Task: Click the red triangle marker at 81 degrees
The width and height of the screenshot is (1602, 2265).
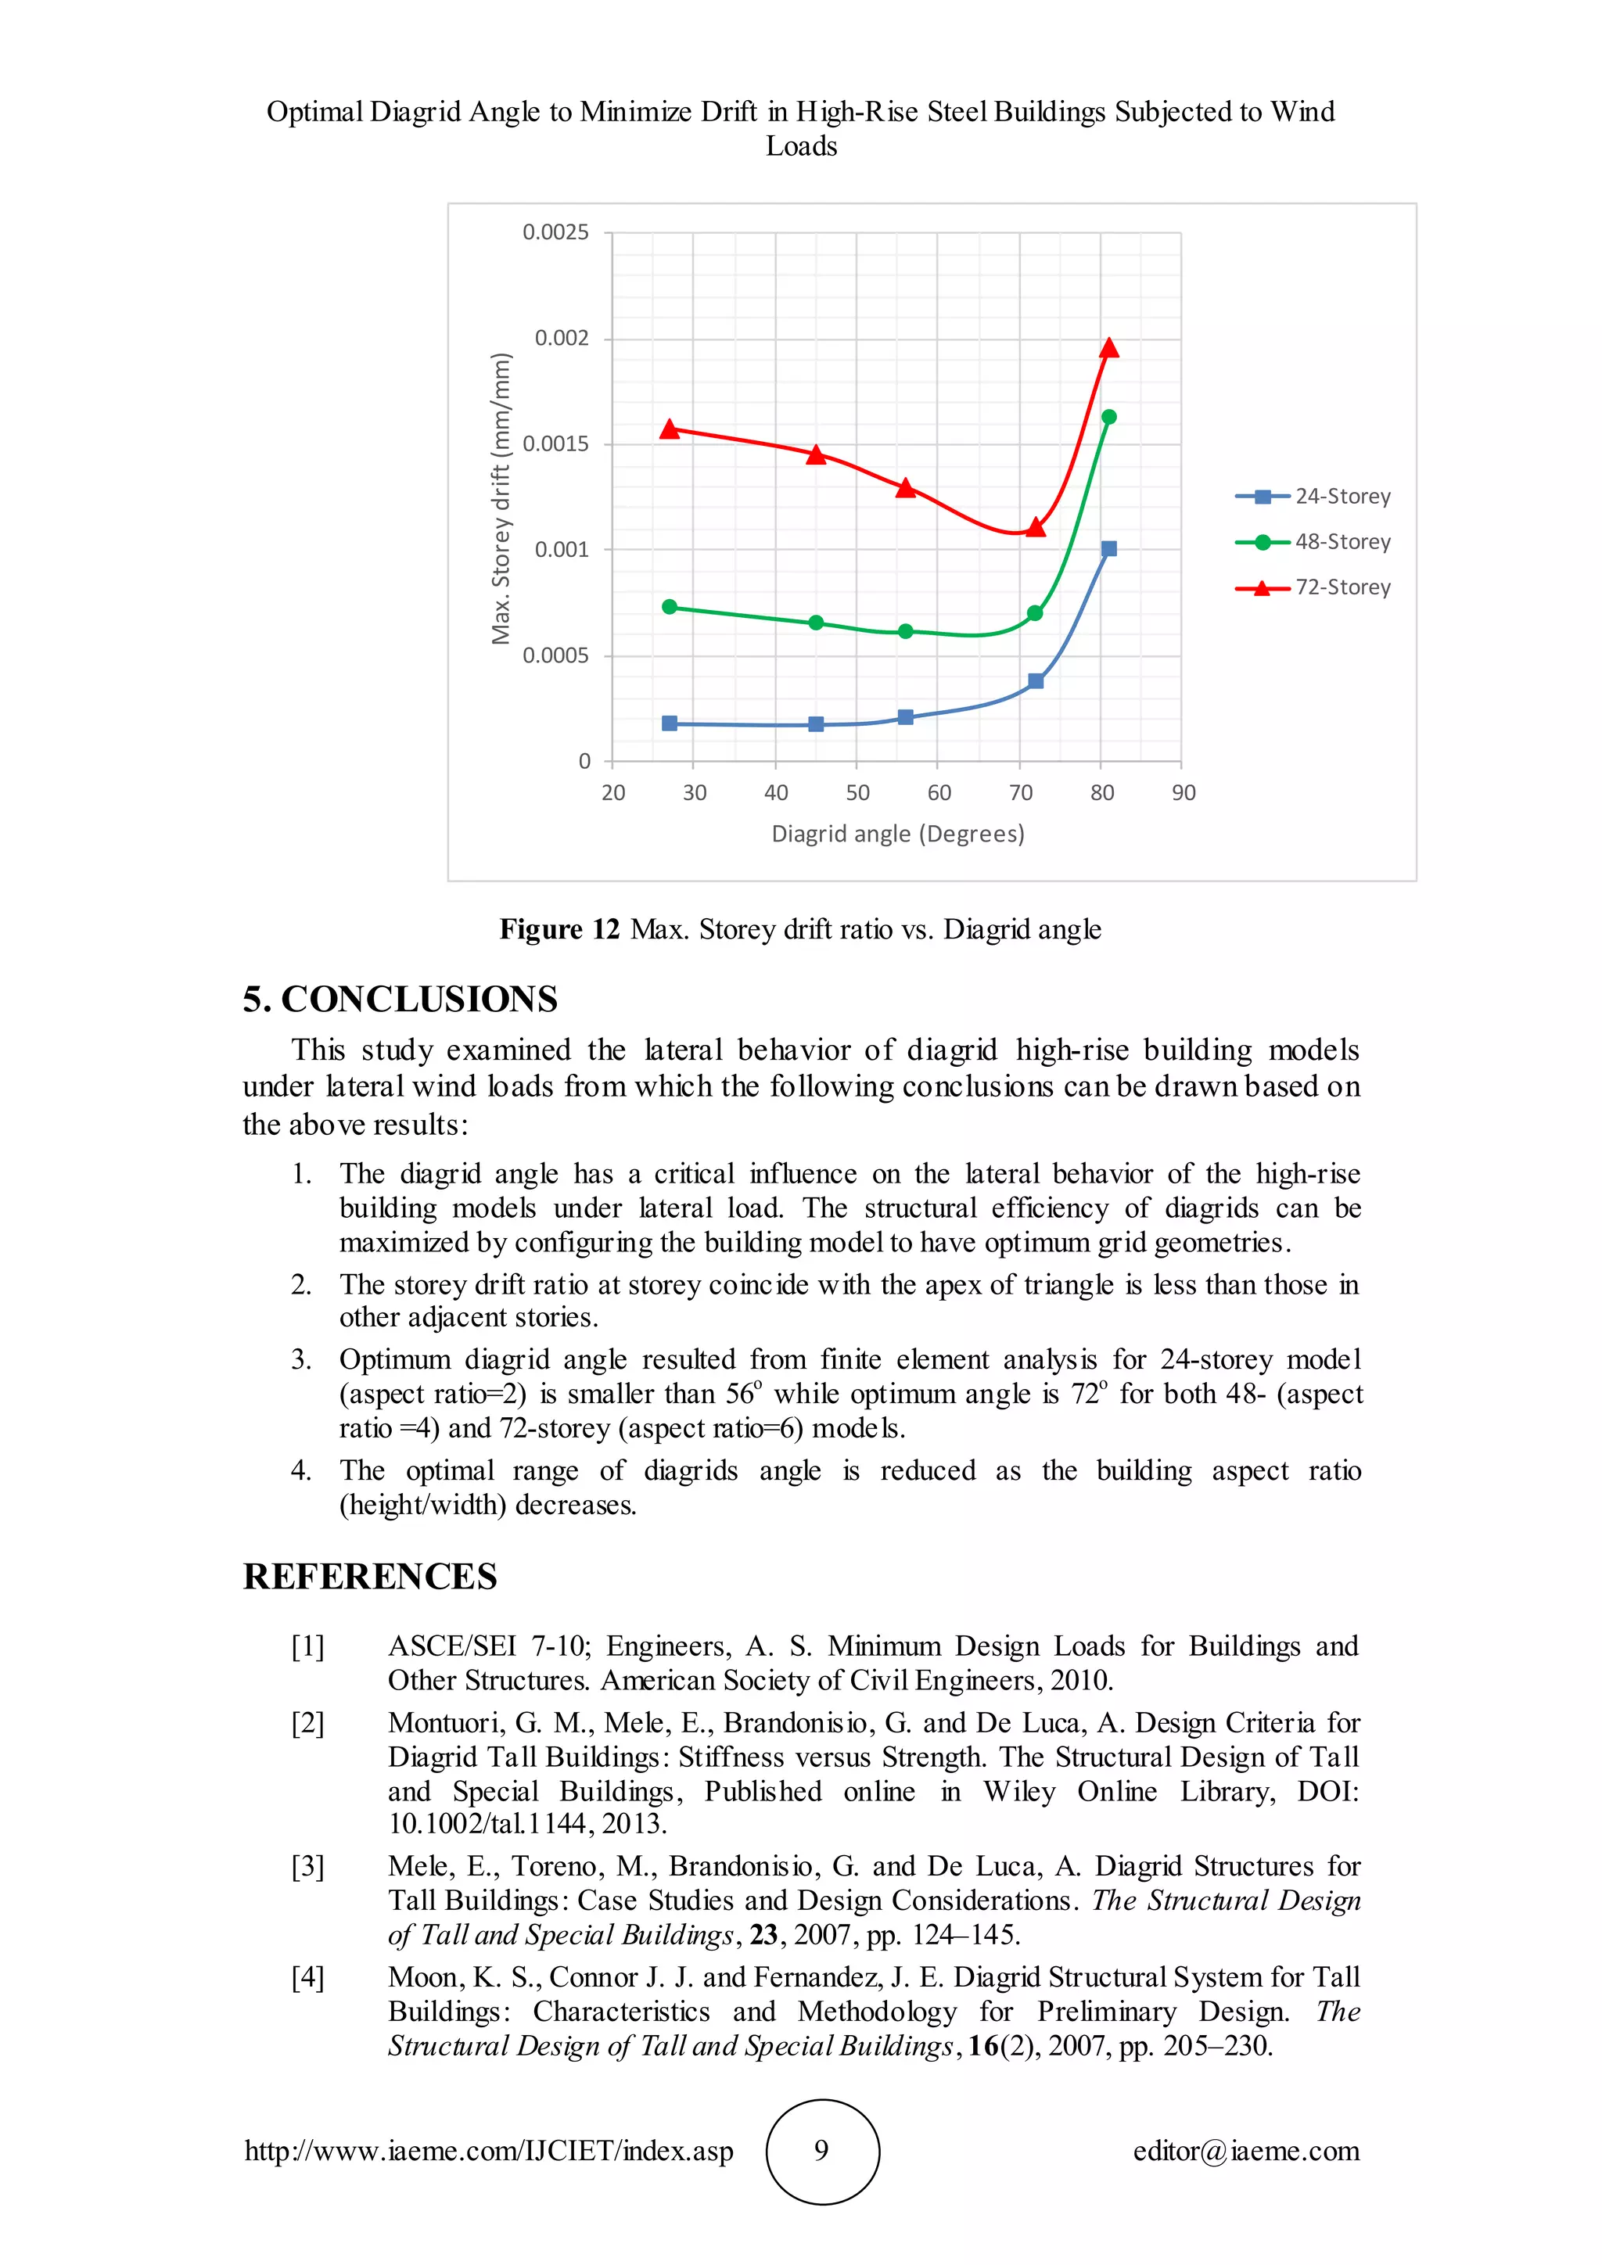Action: coord(1108,348)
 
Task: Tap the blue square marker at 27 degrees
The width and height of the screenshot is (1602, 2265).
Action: coord(670,723)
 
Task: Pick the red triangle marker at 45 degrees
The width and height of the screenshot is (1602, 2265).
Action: coord(816,454)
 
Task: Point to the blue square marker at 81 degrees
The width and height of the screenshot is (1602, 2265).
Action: coord(1108,548)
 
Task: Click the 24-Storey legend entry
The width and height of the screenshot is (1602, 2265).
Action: coord(1313,496)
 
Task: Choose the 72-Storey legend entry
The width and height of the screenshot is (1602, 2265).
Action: coord(1313,587)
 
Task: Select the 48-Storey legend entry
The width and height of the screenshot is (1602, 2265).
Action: coord(1313,541)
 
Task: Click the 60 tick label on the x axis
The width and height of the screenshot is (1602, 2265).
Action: coord(939,792)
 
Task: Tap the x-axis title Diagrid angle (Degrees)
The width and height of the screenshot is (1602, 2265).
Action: coord(898,834)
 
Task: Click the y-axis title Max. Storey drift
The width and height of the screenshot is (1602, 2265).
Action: coord(501,498)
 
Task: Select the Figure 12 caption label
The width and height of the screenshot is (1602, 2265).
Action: coord(559,929)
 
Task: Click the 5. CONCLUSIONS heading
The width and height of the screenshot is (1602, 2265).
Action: coord(400,1000)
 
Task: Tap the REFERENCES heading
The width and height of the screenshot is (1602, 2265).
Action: coord(370,1577)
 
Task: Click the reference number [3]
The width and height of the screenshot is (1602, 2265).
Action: coord(307,1865)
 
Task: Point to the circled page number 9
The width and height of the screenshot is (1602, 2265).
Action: coord(821,2151)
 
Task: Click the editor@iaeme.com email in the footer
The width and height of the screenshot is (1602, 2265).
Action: coord(1246,2151)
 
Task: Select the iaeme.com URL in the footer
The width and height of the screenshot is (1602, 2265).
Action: coord(488,2151)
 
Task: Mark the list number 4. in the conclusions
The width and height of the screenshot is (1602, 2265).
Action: coord(301,1471)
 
